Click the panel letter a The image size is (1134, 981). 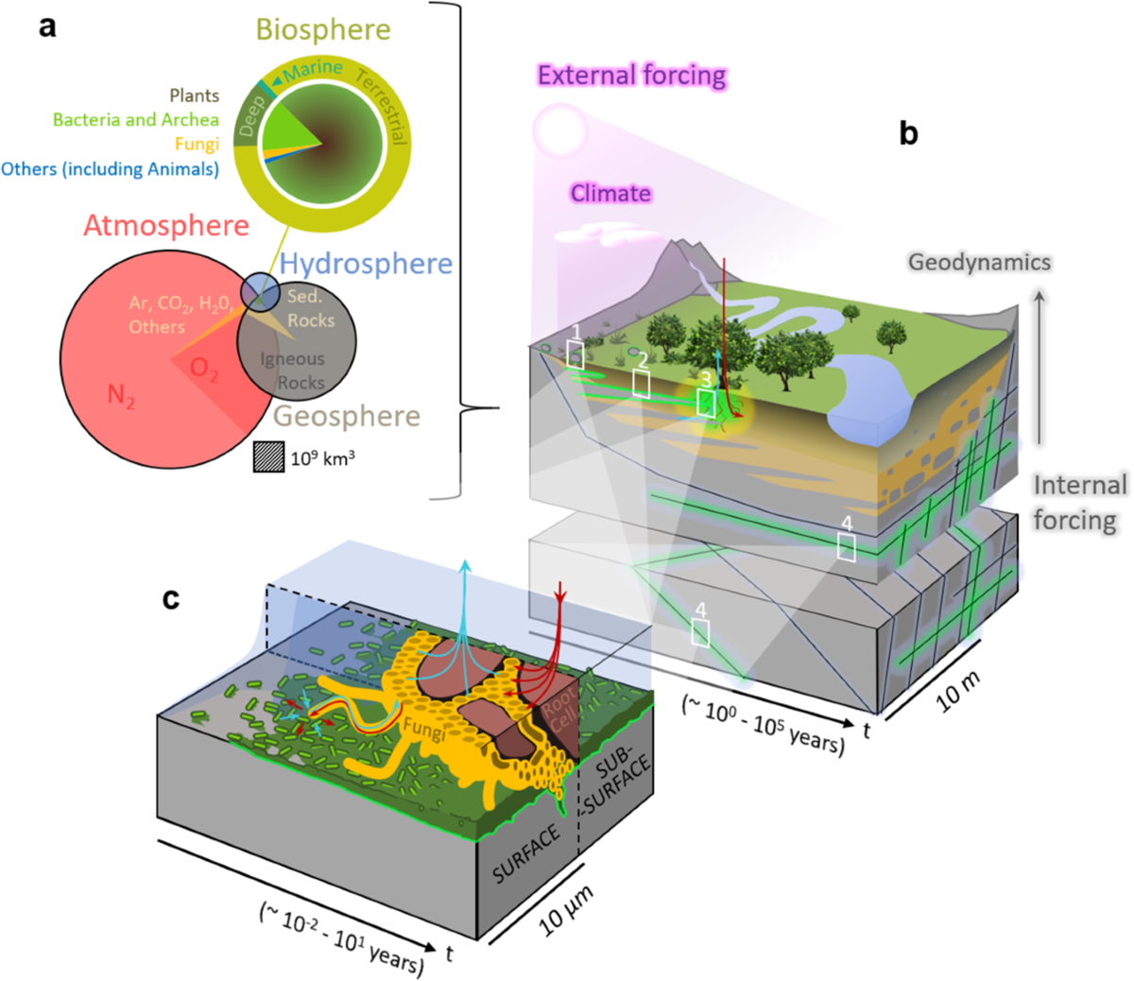click(x=47, y=26)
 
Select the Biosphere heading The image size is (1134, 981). click(x=323, y=29)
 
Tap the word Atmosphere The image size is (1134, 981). click(x=166, y=225)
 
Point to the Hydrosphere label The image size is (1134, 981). click(x=367, y=263)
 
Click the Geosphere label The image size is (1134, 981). click(x=347, y=416)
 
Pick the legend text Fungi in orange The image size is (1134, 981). click(x=197, y=145)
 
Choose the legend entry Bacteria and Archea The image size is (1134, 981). click(x=136, y=120)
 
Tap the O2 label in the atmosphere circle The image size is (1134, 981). click(x=204, y=370)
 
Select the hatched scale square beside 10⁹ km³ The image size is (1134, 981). click(x=268, y=458)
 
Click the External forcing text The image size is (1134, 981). click(x=632, y=76)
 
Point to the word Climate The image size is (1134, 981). click(x=610, y=194)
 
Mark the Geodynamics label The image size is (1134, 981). click(x=980, y=262)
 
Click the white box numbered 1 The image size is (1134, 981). click(x=575, y=355)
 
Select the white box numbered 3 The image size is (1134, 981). click(x=706, y=402)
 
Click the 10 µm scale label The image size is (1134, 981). click(x=565, y=910)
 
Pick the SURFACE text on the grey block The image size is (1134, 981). click(x=526, y=855)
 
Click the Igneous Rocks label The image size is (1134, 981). click(x=293, y=370)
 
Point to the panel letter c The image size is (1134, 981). click(x=171, y=598)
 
